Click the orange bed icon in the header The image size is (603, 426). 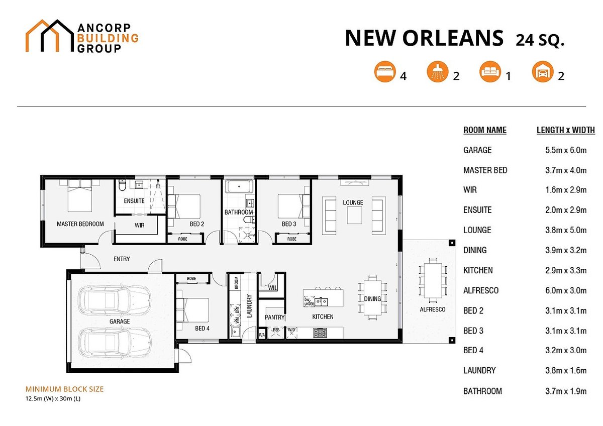385,71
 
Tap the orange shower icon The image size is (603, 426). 438,71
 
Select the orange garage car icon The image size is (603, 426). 543,71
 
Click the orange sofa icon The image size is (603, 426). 490,71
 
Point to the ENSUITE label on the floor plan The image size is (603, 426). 134,201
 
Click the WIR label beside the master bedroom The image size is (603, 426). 140,225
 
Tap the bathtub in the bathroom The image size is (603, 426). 239,186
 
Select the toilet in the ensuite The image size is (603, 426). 122,185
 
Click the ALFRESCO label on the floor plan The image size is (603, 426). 432,309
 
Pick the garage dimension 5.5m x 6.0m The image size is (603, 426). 566,150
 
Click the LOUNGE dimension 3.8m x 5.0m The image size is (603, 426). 566,230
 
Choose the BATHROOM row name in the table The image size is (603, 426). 483,391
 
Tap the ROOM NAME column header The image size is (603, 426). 485,130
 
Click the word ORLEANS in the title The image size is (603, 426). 453,38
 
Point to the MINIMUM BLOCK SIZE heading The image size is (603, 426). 65,389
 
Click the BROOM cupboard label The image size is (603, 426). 236,283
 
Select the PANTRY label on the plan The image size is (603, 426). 274,317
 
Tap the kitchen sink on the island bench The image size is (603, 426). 322,301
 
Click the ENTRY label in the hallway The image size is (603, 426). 122,259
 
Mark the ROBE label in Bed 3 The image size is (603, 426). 292,239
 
